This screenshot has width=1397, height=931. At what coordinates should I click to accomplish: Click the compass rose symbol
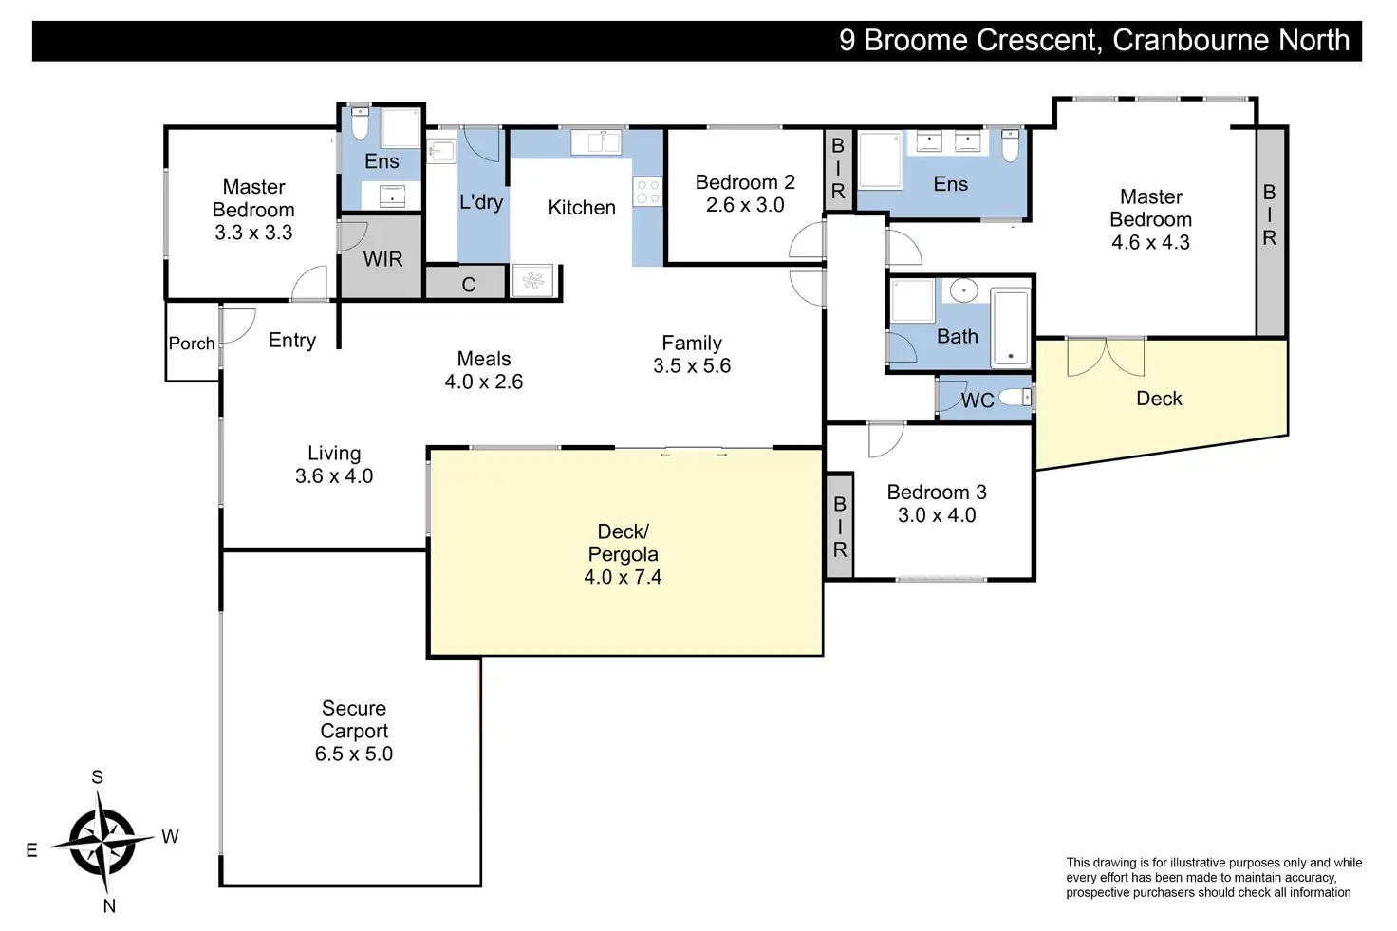click(102, 843)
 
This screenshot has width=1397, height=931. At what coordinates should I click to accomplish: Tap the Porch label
click(192, 344)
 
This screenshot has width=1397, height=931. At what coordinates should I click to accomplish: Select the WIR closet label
click(382, 259)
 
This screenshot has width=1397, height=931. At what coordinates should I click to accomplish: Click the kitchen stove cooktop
click(647, 192)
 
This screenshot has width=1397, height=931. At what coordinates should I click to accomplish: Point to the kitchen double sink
click(596, 142)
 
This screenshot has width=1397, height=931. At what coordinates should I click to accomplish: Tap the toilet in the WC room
click(1015, 398)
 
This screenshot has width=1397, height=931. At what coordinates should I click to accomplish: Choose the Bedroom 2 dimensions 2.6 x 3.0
click(745, 205)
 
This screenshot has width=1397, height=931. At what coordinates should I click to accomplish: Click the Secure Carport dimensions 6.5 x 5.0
click(354, 754)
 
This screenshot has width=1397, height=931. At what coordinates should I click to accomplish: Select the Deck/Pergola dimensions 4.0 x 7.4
click(623, 577)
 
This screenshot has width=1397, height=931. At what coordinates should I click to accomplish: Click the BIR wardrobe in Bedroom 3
click(840, 527)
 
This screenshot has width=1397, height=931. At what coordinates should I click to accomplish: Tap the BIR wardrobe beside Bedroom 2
click(838, 169)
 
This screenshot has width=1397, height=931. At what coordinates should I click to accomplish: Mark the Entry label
click(292, 341)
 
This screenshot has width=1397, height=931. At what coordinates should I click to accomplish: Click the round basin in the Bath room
click(963, 290)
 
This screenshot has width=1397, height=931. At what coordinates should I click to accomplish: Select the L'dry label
click(481, 202)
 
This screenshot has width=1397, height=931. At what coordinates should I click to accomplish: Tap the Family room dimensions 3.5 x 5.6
click(692, 366)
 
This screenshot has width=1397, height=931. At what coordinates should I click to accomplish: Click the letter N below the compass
click(109, 906)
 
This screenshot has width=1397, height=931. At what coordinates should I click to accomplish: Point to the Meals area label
click(483, 359)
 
